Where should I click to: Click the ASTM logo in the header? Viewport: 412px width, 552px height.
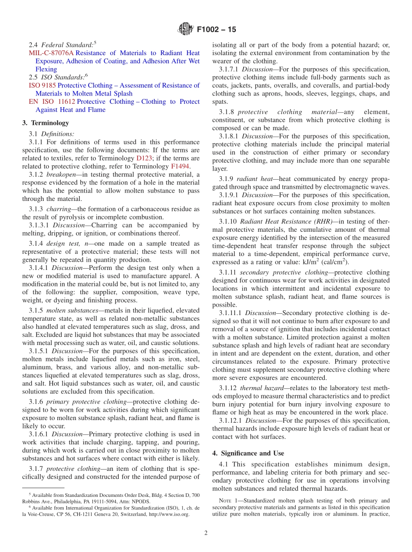(x=186, y=30)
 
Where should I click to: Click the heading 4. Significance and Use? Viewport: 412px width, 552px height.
(x=248, y=453)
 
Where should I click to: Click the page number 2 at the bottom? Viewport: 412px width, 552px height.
(x=206, y=533)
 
